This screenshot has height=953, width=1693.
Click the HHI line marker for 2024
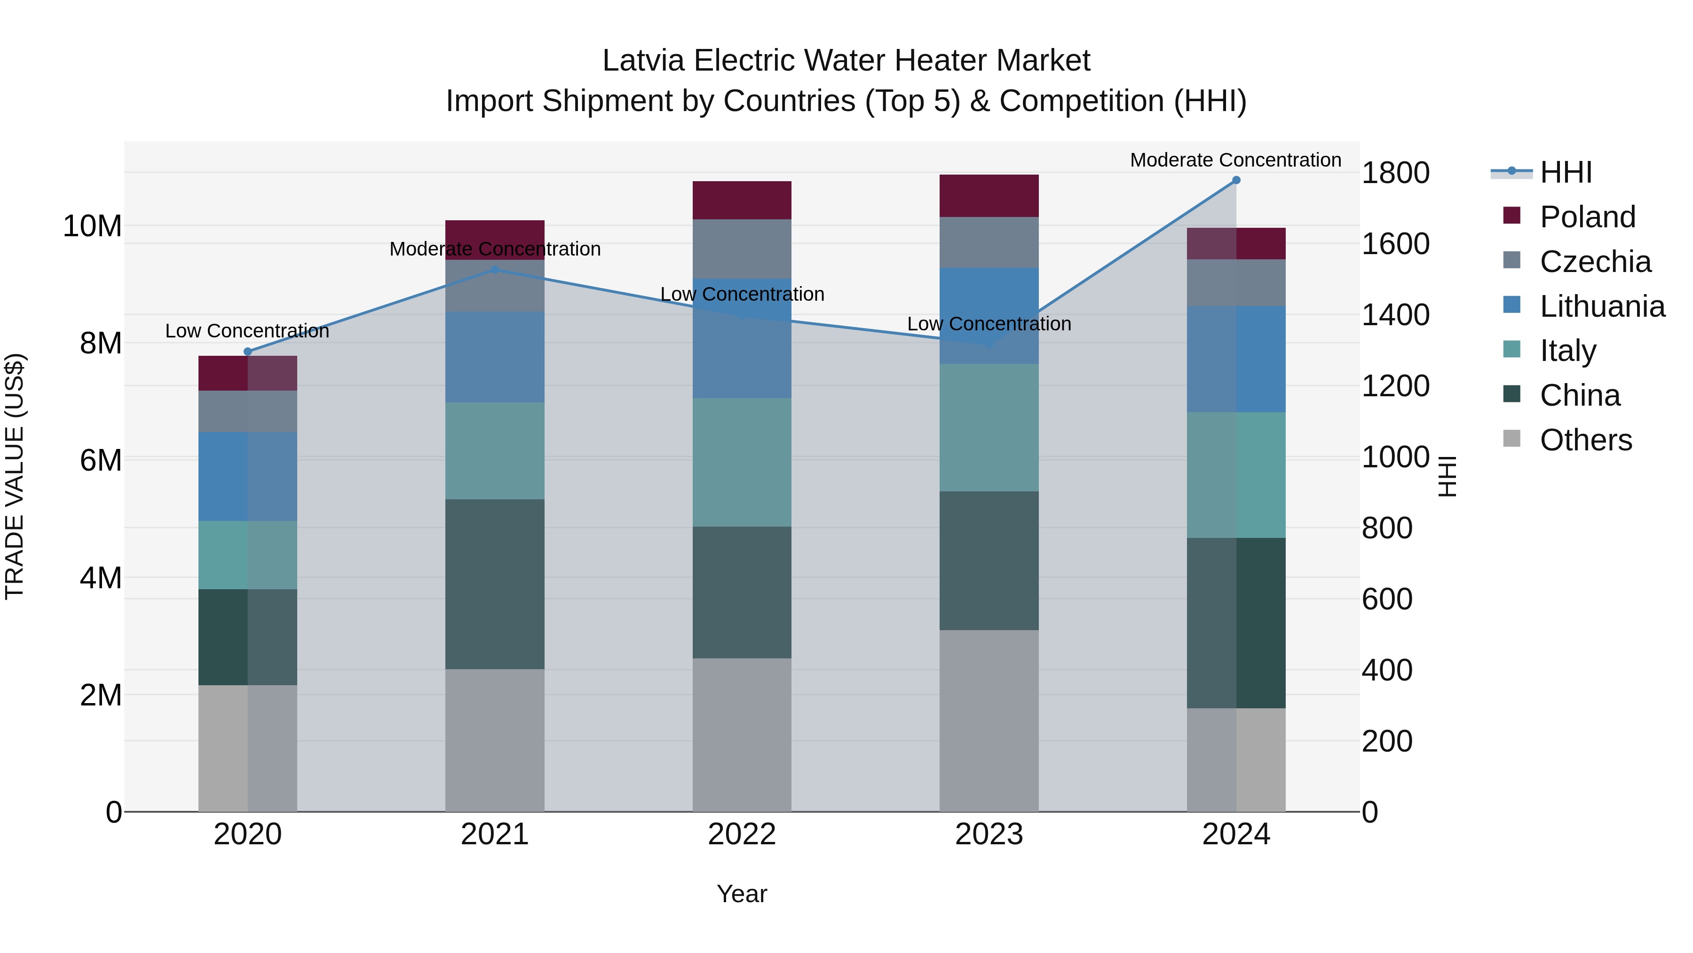pos(1235,180)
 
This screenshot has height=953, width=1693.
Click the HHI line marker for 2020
pos(248,352)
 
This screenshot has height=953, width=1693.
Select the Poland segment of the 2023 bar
pos(989,196)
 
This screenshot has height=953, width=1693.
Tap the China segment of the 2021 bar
pos(494,584)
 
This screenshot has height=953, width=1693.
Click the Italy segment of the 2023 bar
pos(989,427)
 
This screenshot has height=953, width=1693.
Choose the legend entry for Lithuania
pos(1602,306)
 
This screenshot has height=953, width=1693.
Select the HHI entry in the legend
pos(1566,172)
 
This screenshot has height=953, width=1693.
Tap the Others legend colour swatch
pos(1511,439)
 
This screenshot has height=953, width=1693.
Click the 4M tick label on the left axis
pos(100,578)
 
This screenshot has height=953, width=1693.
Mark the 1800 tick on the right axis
pos(1395,173)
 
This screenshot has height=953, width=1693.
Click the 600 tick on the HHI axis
pos(1387,599)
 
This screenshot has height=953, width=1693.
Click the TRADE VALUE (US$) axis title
pos(15,476)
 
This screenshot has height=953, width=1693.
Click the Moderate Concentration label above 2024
pos(1235,160)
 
